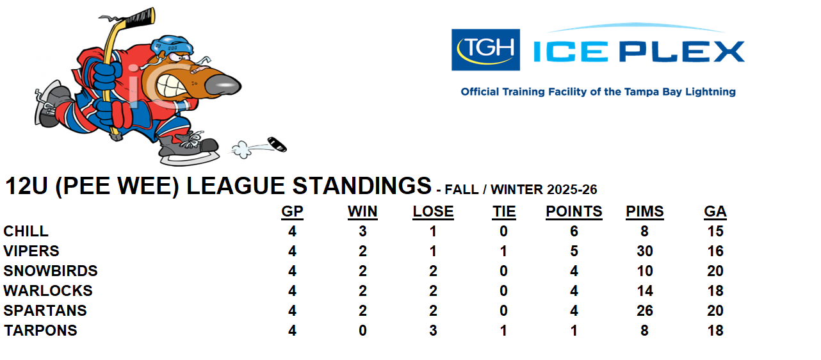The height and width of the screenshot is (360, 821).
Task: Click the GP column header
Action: tap(292, 211)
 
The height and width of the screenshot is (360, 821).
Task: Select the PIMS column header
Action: tap(645, 211)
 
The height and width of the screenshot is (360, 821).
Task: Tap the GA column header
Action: tap(715, 211)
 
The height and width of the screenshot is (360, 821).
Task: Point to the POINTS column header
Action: tap(574, 211)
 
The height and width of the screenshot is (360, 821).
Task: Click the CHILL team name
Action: tap(26, 231)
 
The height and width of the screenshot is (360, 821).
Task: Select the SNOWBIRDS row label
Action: tap(51, 271)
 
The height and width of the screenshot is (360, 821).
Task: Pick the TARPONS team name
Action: tap(41, 331)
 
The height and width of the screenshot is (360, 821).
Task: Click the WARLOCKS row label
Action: tap(48, 291)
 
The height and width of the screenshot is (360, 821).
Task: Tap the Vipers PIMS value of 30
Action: tap(645, 251)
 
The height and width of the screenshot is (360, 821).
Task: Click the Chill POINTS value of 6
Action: tap(574, 231)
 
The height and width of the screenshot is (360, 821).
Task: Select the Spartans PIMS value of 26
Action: tap(645, 311)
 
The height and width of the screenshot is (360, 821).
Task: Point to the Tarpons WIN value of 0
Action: tap(362, 331)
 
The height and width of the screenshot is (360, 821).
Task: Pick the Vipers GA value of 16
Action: tap(715, 251)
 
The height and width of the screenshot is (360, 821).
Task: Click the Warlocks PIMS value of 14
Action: tap(645, 291)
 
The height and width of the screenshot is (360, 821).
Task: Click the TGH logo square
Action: tap(485, 49)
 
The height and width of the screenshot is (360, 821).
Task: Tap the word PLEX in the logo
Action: tap(682, 51)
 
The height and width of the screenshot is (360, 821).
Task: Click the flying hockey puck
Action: tap(277, 144)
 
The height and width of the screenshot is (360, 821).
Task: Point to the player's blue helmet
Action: tap(172, 45)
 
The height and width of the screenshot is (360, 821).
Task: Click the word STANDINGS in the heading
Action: tap(362, 186)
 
